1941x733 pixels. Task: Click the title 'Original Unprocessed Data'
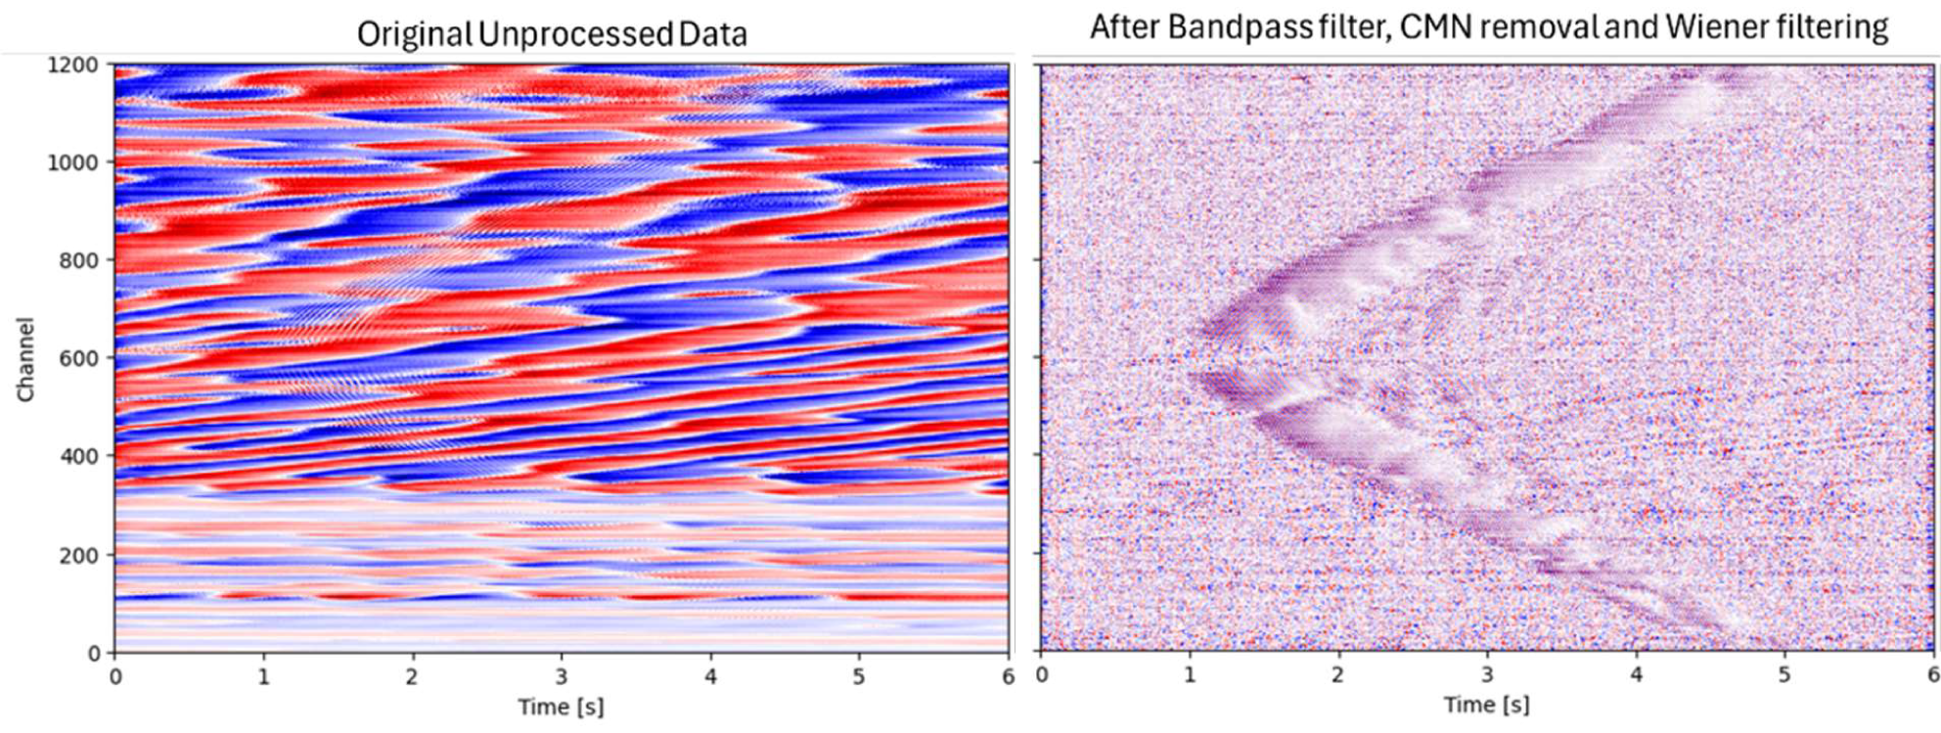(552, 34)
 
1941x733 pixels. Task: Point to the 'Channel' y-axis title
(25, 358)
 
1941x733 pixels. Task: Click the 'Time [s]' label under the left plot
(561, 707)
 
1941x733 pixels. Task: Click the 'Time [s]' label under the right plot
(1486, 705)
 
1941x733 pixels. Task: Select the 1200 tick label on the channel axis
(73, 65)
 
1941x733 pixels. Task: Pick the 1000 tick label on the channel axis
(73, 162)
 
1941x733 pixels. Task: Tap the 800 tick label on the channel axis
(80, 260)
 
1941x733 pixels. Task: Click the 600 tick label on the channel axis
(80, 358)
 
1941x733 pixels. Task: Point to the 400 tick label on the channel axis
(80, 456)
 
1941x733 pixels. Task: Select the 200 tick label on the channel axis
(80, 555)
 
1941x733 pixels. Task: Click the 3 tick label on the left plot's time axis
(562, 676)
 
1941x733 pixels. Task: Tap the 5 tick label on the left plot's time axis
(859, 676)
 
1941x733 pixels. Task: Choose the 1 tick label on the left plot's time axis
(264, 676)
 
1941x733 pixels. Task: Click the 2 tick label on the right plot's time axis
(1337, 674)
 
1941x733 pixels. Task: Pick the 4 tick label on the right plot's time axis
(1635, 674)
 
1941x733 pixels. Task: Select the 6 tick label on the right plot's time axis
(1932, 674)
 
